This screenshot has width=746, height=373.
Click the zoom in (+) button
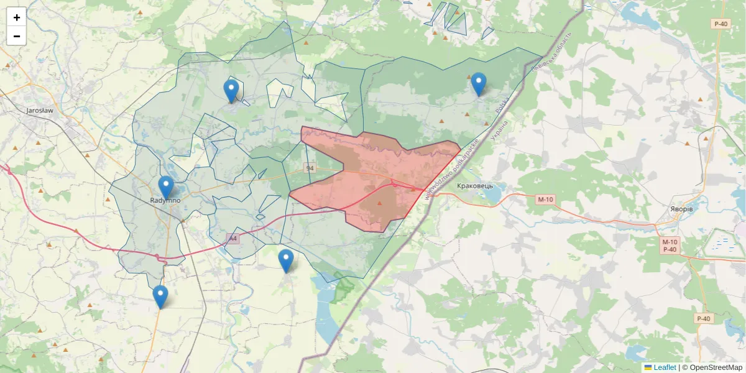pos(17,17)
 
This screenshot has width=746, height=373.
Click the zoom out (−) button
pos(17,36)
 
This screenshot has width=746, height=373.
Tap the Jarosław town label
pos(40,111)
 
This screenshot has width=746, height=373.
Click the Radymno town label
pos(165,201)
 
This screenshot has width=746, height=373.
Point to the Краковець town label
pos(474,186)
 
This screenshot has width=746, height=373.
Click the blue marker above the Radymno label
pos(165,187)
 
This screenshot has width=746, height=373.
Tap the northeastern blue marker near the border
pos(478,84)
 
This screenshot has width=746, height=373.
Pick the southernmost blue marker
pos(160,297)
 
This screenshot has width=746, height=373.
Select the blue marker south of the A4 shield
pos(286,260)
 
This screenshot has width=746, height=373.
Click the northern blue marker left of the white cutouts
pos(231,91)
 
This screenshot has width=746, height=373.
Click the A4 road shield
pos(233,238)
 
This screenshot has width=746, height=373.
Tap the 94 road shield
pos(310,168)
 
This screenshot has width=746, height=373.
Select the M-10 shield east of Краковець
pos(545,199)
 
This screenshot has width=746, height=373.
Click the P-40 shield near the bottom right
pos(703,319)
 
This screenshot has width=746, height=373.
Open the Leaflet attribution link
pos(665,367)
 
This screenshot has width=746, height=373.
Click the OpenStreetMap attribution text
pos(716,367)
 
